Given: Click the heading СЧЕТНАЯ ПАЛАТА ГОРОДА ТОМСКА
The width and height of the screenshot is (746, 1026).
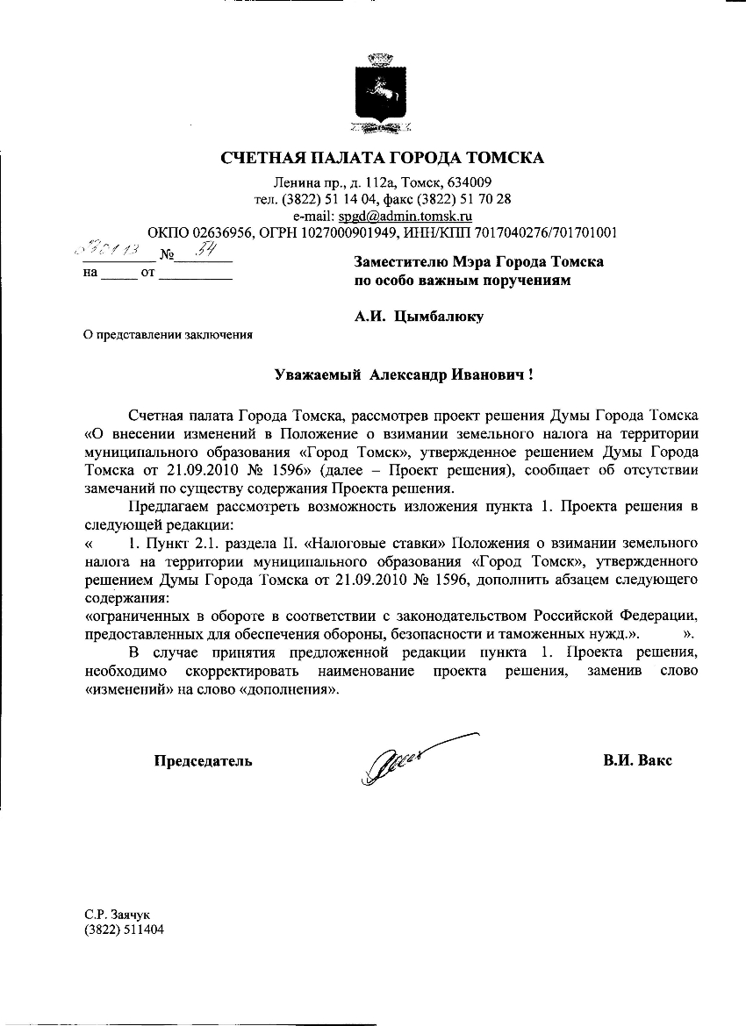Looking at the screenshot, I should click(x=382, y=159).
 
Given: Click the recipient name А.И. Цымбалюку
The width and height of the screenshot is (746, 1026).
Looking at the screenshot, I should click(x=419, y=317).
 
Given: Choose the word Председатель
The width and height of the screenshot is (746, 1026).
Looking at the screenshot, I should click(x=204, y=760).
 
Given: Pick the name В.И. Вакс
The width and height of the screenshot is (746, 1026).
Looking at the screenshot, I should click(x=637, y=760).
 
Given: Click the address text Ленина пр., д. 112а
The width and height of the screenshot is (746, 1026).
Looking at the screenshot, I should click(x=326, y=182).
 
